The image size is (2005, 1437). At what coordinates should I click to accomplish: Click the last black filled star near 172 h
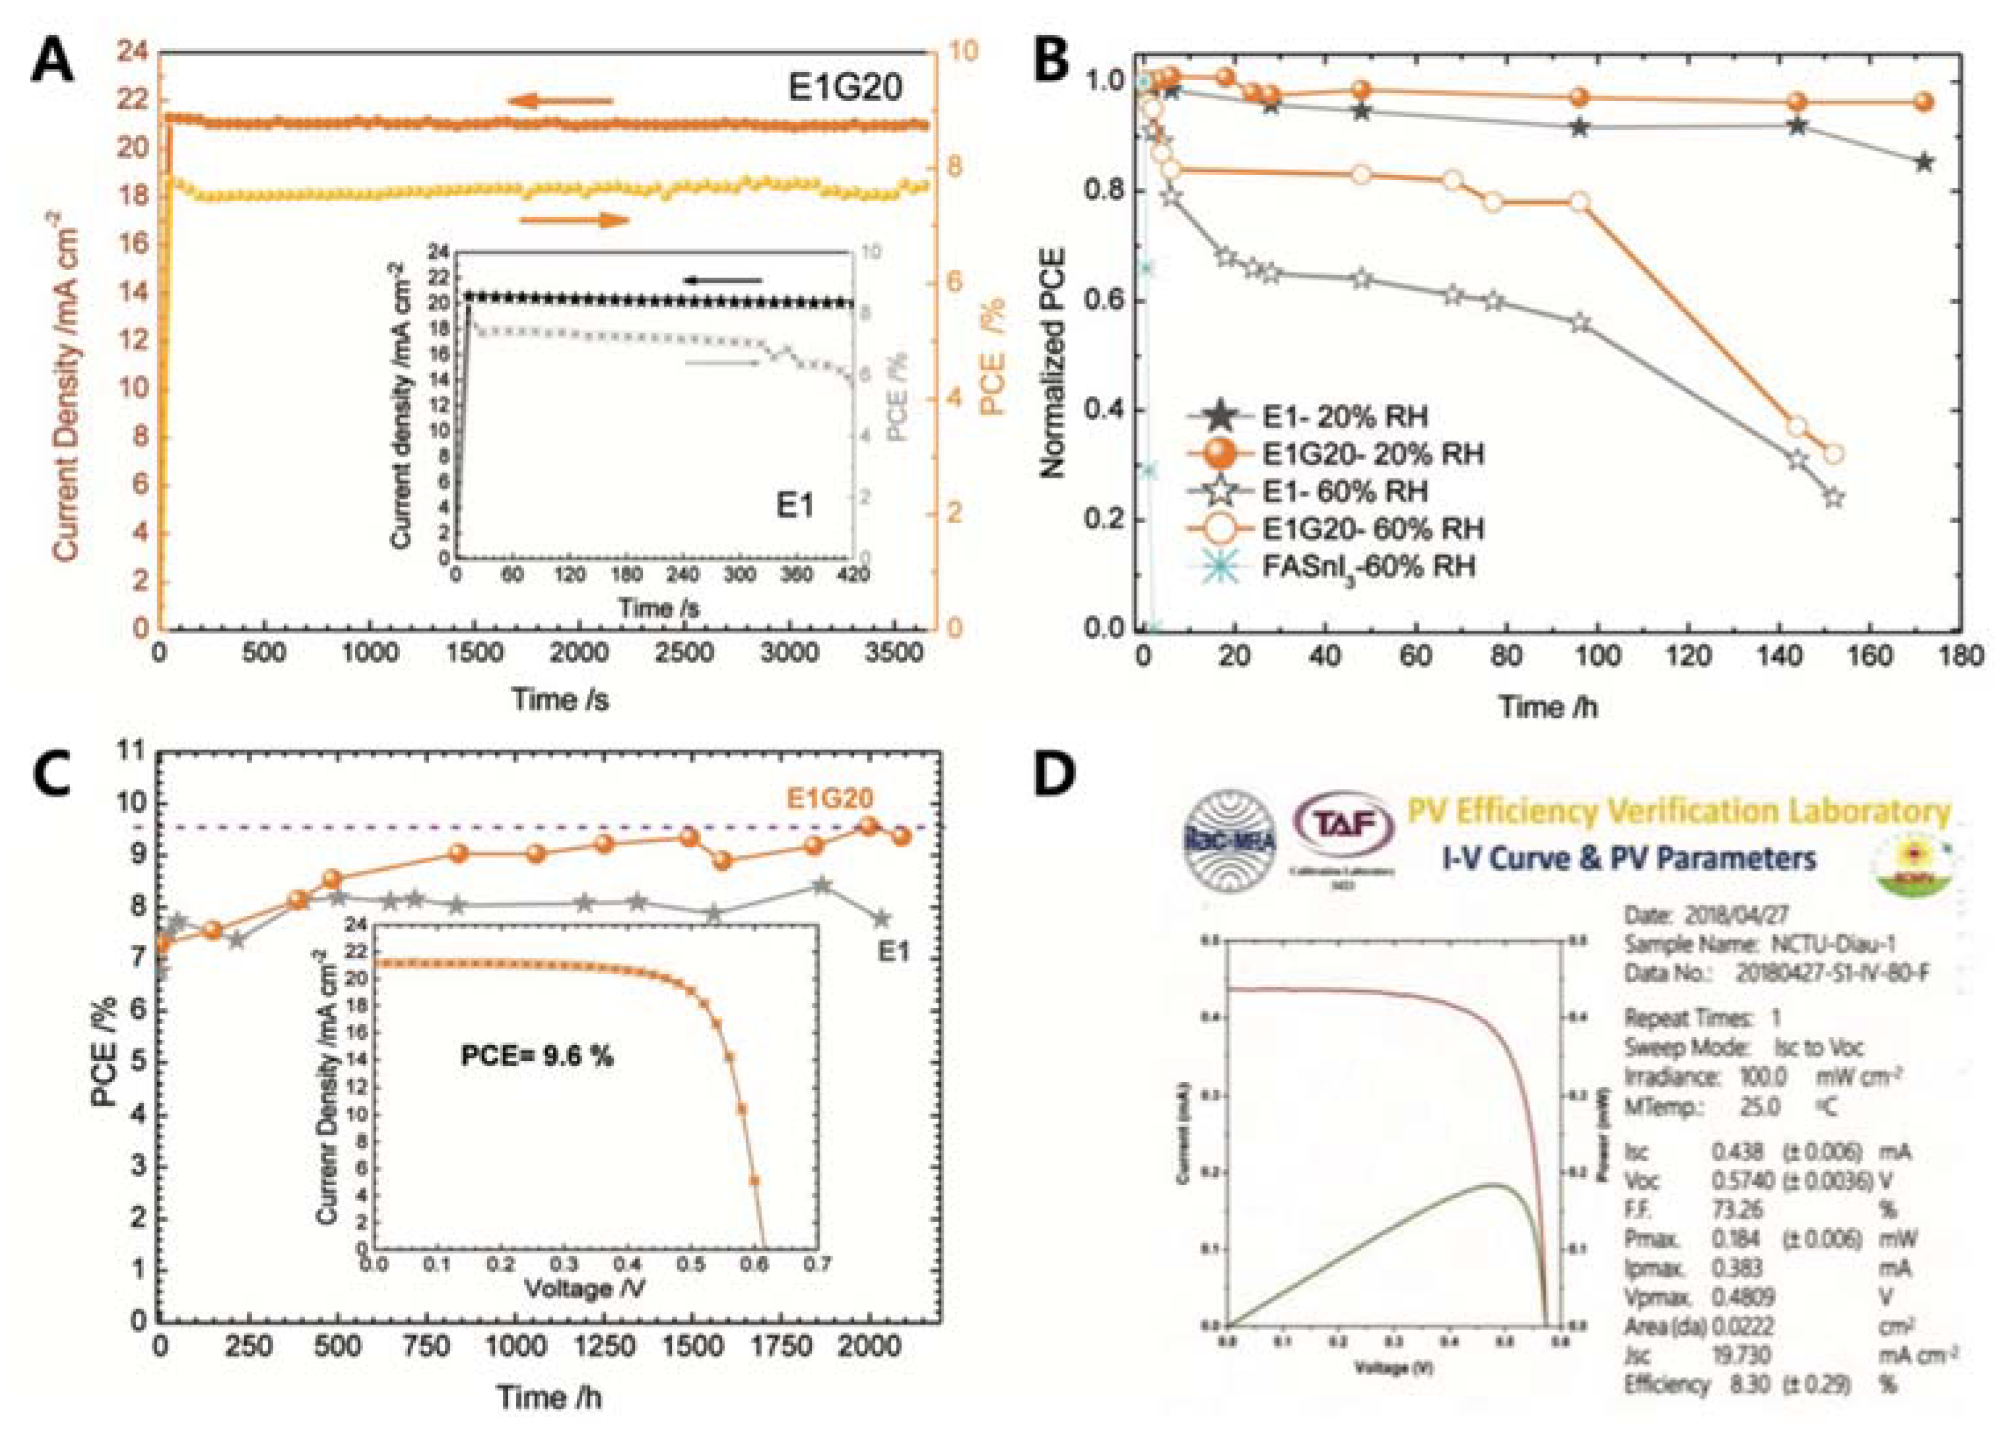click(1924, 162)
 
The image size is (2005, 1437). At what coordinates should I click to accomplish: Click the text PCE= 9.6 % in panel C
click(537, 1055)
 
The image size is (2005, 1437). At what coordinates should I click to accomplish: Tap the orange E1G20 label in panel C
click(830, 798)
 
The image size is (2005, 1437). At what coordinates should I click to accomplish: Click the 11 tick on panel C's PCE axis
click(129, 752)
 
